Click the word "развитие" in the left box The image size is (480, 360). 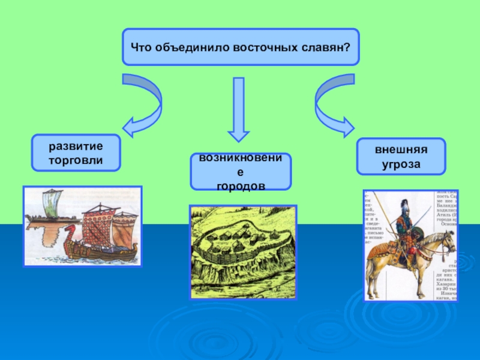point(76,146)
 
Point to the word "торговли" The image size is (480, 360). point(76,160)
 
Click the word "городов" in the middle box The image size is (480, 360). point(241,186)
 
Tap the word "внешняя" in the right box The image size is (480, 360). point(401,150)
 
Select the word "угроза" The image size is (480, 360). point(401,164)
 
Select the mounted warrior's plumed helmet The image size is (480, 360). point(403,208)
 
